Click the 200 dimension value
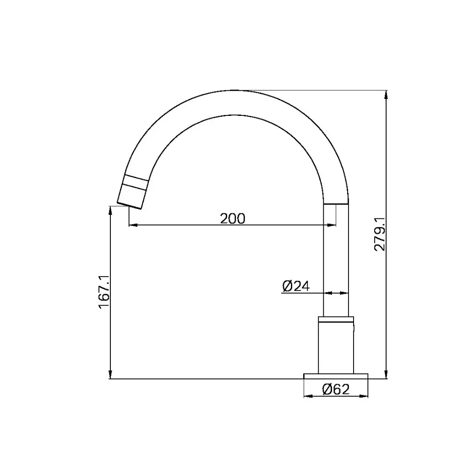tap(232, 218)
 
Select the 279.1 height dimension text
tap(380, 234)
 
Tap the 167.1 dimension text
tap(104, 292)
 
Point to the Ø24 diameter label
tap(296, 286)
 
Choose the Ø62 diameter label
tap(336, 389)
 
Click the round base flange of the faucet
tap(336, 376)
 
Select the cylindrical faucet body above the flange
tap(336, 348)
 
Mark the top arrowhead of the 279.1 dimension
tap(386, 95)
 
